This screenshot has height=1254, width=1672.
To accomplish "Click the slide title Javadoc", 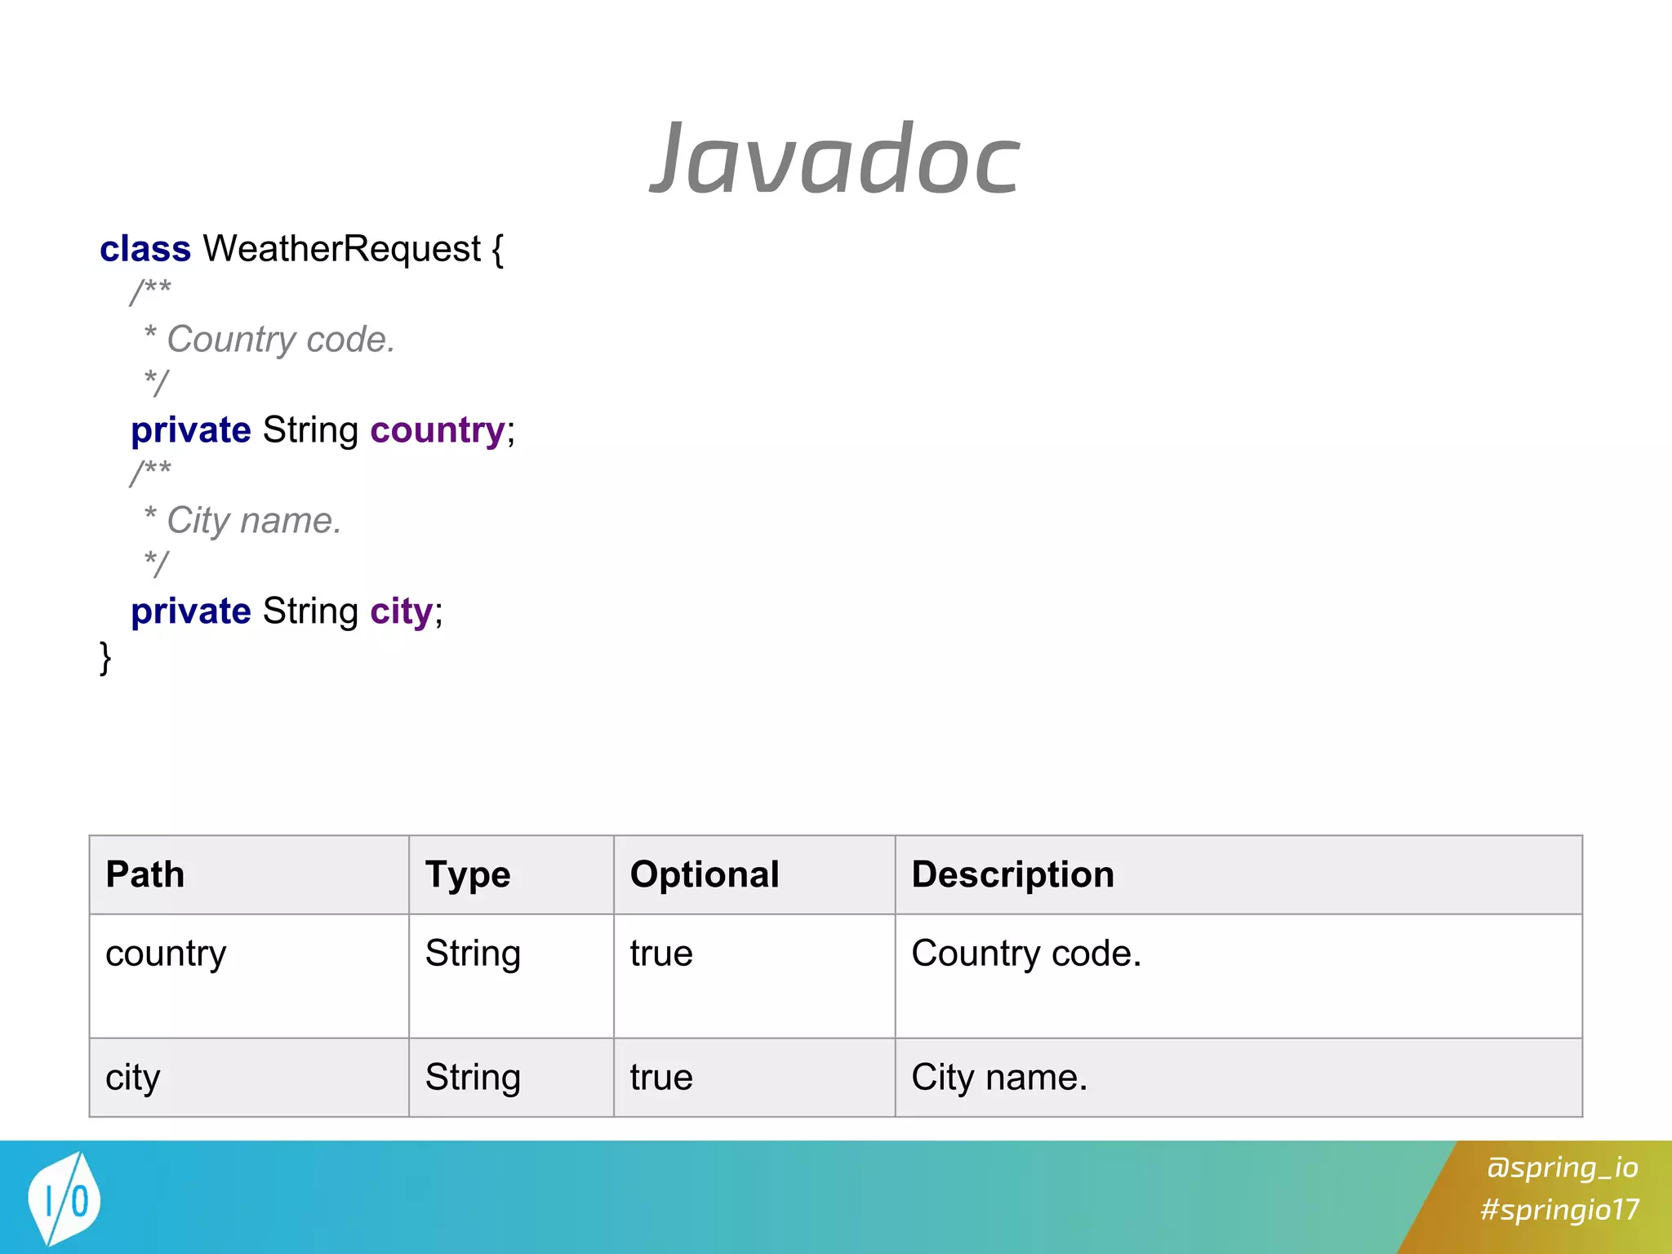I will coord(835,158).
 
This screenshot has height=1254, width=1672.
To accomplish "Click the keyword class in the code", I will coord(145,249).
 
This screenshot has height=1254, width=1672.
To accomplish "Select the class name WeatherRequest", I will coord(341,249).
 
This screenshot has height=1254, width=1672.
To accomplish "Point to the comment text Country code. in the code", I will coord(280,339).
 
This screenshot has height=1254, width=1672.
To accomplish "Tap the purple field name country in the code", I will coord(438,430).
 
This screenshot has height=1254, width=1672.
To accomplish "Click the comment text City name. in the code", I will coord(253,520).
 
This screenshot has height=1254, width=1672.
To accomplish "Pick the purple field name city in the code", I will coord(401,611).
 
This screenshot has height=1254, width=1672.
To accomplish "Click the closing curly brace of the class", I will coord(105,657).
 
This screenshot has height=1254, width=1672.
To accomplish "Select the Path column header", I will coord(145,874).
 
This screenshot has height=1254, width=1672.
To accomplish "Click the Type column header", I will coord(468,874).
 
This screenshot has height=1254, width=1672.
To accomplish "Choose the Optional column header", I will coord(705,874).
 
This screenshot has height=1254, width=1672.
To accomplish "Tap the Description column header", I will coord(1012,874).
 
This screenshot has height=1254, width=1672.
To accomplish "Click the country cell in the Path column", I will coord(166,954).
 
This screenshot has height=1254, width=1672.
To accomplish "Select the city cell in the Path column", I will coord(133,1078).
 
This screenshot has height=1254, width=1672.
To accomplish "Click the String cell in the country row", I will coord(473,954).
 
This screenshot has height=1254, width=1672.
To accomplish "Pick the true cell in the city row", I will coord(661,1078).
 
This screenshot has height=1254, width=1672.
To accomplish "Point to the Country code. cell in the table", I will coord(1026,954).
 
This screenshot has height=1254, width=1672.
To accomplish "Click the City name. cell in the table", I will coord(999,1078).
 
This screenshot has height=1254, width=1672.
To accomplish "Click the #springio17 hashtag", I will coord(1559,1209).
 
